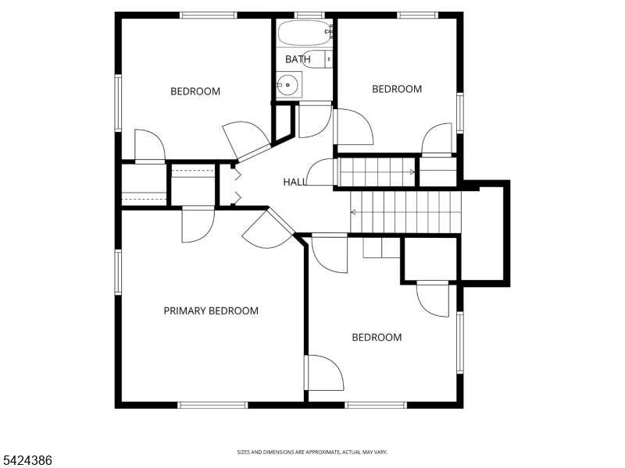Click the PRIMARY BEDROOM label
click(210, 310)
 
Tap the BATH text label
click(298, 59)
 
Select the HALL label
click(294, 182)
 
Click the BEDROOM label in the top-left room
click(195, 91)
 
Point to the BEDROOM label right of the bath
click(396, 89)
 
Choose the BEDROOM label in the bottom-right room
click(377, 337)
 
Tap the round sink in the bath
click(288, 84)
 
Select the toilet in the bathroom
click(329, 58)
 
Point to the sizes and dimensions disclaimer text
click(312, 452)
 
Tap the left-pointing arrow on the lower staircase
click(355, 211)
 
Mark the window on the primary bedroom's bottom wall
click(212, 404)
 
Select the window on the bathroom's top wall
click(309, 15)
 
